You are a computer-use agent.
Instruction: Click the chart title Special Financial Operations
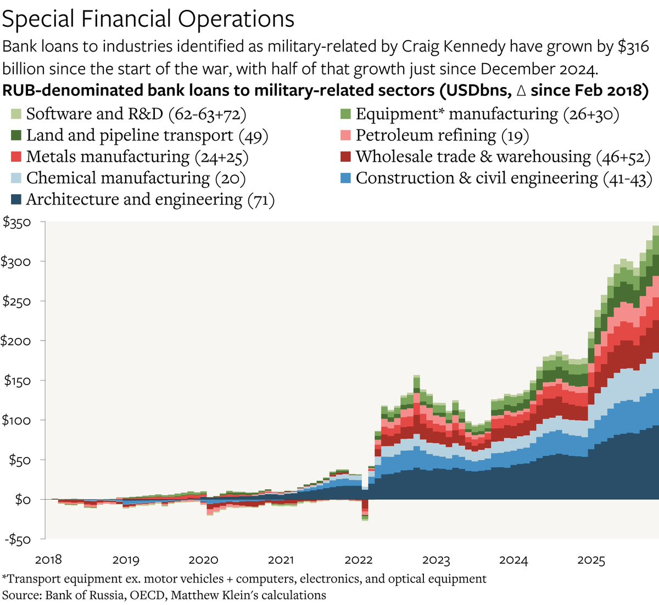tap(148, 19)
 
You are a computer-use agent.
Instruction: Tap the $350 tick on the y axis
tap(16, 222)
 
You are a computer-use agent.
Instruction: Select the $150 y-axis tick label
tap(16, 380)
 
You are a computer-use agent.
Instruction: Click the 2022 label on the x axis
tap(358, 560)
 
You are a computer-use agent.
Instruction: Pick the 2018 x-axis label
tap(48, 560)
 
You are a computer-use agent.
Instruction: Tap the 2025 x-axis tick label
tap(591, 560)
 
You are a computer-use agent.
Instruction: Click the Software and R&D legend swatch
tap(16, 114)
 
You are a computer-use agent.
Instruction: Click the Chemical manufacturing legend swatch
tap(16, 178)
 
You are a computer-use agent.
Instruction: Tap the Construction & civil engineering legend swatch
tap(345, 178)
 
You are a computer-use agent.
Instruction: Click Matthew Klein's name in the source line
tap(208, 595)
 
